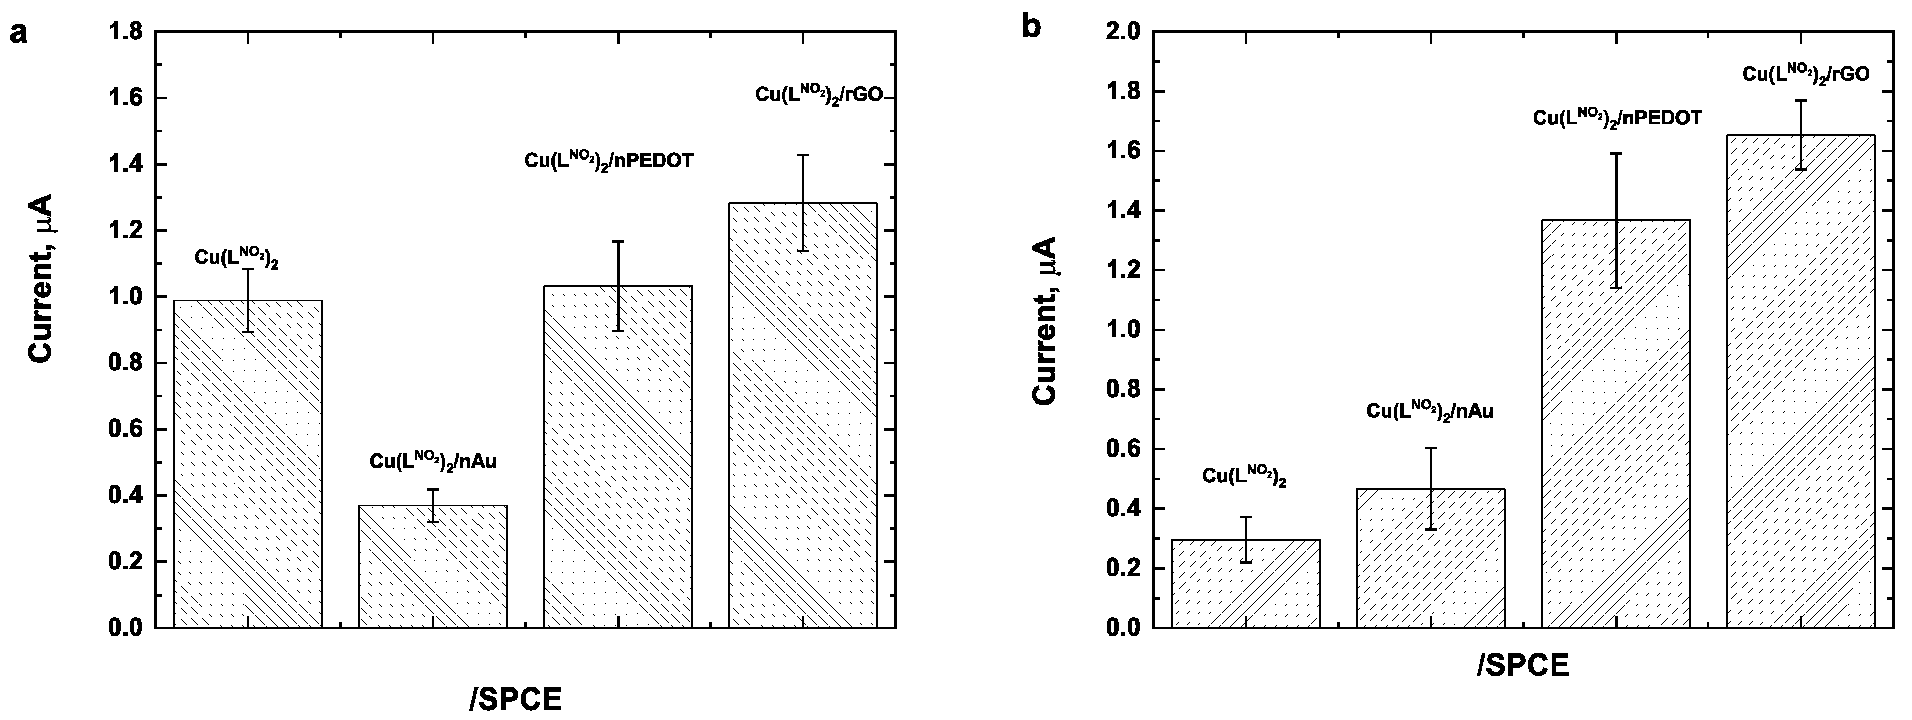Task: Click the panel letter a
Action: point(18,34)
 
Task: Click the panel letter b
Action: point(1032,27)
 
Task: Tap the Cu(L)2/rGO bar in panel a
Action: point(802,416)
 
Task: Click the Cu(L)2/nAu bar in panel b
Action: point(1430,557)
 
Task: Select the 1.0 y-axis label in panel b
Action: point(1126,330)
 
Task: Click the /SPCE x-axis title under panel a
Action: point(516,698)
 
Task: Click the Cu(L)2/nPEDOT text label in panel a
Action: point(609,160)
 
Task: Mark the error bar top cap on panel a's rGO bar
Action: point(802,155)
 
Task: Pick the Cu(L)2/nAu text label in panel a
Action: point(433,461)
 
